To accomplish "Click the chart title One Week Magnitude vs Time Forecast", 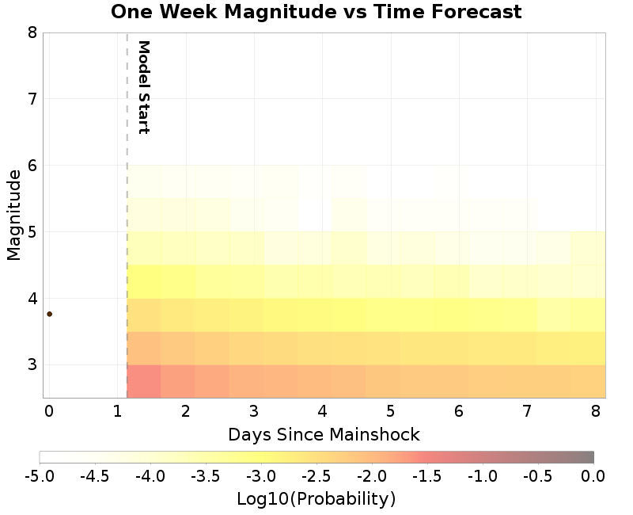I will click(x=316, y=12).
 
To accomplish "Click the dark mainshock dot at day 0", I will click(x=49, y=314).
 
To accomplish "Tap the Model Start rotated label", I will click(x=143, y=86).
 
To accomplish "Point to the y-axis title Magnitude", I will click(x=13, y=214).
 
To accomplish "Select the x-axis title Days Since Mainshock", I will click(x=324, y=434).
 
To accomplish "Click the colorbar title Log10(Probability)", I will click(x=316, y=499).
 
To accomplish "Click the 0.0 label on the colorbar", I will click(x=593, y=476).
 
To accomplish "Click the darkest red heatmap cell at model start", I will click(x=144, y=381).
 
